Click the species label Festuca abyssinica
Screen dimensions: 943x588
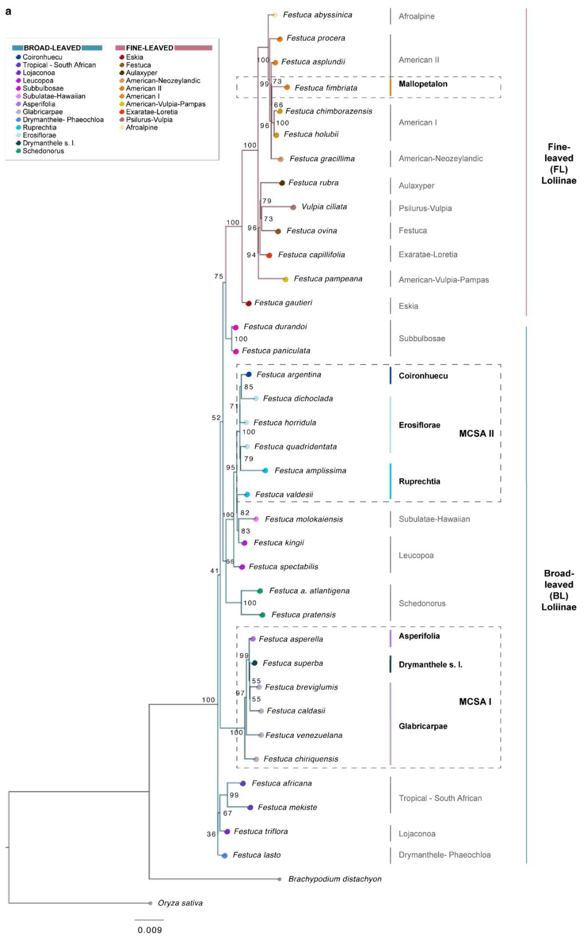pyautogui.click(x=317, y=15)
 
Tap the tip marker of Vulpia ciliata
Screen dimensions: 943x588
pyautogui.click(x=293, y=207)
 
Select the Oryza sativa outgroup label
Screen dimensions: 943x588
pyautogui.click(x=180, y=902)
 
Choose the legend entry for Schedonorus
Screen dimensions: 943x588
pyautogui.click(x=43, y=151)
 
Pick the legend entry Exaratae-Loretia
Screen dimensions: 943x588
pyautogui.click(x=152, y=112)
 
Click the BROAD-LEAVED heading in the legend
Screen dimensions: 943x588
pyautogui.click(x=52, y=48)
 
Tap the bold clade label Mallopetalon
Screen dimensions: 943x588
pyautogui.click(x=423, y=84)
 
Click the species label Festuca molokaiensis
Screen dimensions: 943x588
pyautogui.click(x=304, y=519)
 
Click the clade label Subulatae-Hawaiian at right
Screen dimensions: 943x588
pyautogui.click(x=434, y=519)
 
